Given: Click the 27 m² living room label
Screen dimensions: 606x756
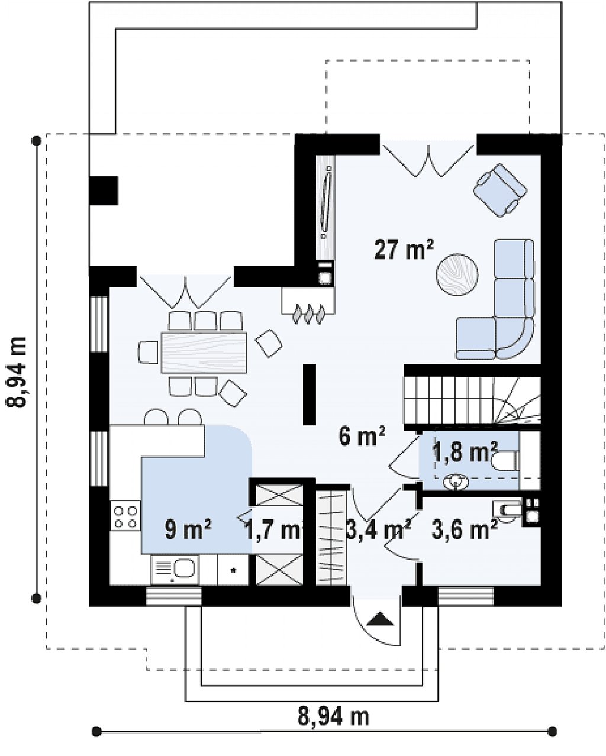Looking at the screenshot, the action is (x=404, y=250).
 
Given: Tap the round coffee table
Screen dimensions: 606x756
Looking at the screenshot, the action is (x=457, y=276).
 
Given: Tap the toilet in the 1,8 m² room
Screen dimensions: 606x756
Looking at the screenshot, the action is (x=505, y=461).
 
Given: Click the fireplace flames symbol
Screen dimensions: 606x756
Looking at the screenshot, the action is (x=309, y=314).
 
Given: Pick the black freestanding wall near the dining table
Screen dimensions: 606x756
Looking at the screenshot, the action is (x=310, y=395).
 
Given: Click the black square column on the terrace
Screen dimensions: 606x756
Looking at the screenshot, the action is (x=104, y=190).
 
